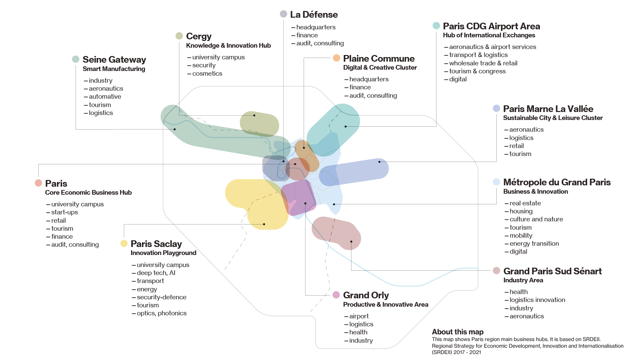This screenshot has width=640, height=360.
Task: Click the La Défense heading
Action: tap(314, 15)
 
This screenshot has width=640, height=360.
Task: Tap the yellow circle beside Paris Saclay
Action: tap(124, 243)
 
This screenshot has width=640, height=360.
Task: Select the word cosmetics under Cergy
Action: tap(207, 73)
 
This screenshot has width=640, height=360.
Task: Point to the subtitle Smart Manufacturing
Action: tap(114, 69)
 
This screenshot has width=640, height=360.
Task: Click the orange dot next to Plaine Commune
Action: tap(336, 58)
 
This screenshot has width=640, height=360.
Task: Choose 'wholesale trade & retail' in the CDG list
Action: tap(483, 63)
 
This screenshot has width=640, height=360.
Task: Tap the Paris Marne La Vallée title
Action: tap(548, 109)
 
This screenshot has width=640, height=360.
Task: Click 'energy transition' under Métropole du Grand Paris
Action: tap(534, 243)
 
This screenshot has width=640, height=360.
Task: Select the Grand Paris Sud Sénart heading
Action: tap(552, 271)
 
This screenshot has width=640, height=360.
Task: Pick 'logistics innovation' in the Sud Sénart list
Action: tap(537, 300)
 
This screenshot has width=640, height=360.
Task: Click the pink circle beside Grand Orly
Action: tap(336, 295)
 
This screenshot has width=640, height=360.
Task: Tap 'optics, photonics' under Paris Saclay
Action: tap(162, 313)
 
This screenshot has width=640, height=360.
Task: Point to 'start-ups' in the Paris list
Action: tap(65, 212)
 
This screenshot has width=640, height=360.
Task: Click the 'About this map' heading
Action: tap(458, 332)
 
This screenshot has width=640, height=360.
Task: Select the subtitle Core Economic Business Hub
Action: tap(88, 192)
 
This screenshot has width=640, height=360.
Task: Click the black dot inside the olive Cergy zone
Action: tap(254, 115)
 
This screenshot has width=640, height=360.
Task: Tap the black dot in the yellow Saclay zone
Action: tap(264, 224)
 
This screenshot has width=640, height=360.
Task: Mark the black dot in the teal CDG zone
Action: tap(346, 127)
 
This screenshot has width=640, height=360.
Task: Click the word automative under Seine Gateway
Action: tap(105, 96)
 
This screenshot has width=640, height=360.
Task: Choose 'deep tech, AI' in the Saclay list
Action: tap(156, 273)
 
